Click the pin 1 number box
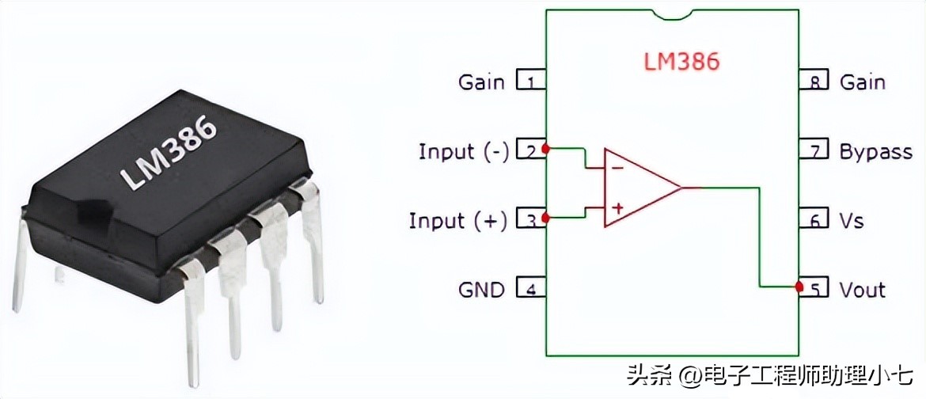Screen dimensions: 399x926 pyautogui.click(x=530, y=81)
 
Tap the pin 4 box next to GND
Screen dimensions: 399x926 pyautogui.click(x=530, y=289)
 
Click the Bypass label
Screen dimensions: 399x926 pyautogui.click(x=875, y=151)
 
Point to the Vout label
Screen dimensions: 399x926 pyautogui.click(x=862, y=289)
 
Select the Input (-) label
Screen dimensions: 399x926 pyautogui.click(x=464, y=151)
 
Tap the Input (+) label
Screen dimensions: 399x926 pyautogui.click(x=458, y=220)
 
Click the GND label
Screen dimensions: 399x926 pyautogui.click(x=481, y=289)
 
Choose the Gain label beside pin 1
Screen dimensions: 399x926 pyautogui.click(x=481, y=82)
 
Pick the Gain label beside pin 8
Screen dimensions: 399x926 pyautogui.click(x=862, y=82)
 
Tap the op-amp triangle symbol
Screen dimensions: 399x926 pyautogui.click(x=637, y=188)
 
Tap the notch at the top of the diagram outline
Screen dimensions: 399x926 pyautogui.click(x=672, y=13)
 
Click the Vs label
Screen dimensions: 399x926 pyautogui.click(x=851, y=220)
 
